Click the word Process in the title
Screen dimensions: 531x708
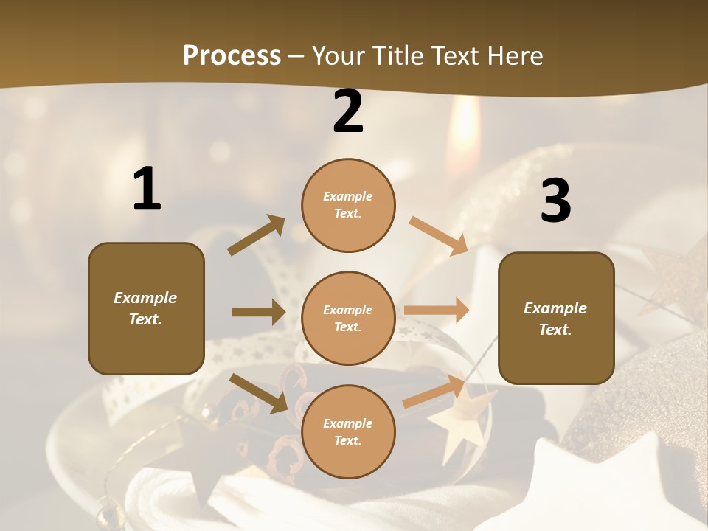pos(232,56)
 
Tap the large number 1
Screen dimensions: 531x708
pos(147,190)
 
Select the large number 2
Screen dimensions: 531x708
pos(348,111)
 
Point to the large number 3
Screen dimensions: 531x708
pos(555,201)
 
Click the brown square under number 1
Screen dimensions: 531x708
pos(146,308)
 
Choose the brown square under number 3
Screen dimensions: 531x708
pos(556,318)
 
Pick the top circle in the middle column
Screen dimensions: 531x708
pos(348,205)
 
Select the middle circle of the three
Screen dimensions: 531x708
pos(348,318)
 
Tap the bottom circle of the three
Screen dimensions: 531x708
pos(348,431)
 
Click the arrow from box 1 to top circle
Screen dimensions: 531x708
pos(257,235)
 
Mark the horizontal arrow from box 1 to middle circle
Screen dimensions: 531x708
pos(257,312)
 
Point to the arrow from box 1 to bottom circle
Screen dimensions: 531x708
pos(258,393)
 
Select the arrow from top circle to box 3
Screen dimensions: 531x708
pos(438,235)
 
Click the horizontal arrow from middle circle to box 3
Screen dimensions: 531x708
pos(437,310)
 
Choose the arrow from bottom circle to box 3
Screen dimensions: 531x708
pos(434,392)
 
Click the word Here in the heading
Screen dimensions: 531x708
pos(514,56)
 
